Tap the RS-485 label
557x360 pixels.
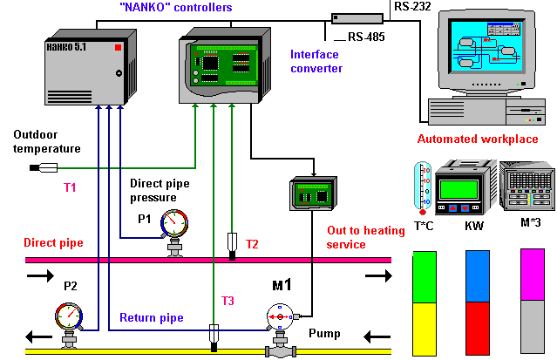(x=364, y=37)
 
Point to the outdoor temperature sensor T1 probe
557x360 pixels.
(x=43, y=166)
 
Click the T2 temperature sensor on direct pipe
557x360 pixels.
(x=232, y=241)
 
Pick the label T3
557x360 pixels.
(x=227, y=301)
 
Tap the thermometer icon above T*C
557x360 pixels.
(x=423, y=187)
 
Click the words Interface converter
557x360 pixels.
(x=316, y=61)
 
